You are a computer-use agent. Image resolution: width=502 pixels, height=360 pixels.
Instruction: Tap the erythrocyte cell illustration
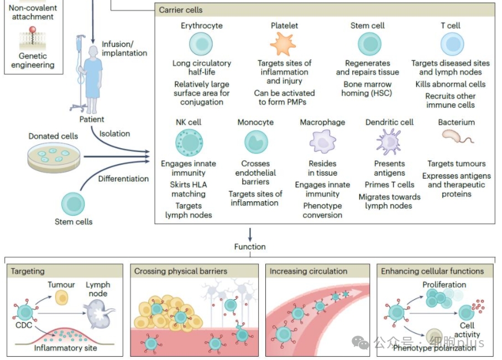point(201,44)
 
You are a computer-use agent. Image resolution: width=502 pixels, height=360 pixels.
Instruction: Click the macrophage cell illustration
point(322,142)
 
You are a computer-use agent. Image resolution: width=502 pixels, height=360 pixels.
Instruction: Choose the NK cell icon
point(189,142)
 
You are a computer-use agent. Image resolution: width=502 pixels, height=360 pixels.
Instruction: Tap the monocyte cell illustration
point(256,142)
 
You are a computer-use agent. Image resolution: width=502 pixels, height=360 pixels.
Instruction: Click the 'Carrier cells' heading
point(181,10)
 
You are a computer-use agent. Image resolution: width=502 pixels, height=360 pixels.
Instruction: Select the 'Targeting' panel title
point(28,272)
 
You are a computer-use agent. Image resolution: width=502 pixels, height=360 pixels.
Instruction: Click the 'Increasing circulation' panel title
point(308,272)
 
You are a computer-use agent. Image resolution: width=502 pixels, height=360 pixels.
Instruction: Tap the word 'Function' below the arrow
point(250,247)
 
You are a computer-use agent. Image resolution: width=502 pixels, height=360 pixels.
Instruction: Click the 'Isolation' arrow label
point(114,134)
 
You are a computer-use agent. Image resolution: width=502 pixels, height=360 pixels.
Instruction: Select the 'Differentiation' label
point(123,179)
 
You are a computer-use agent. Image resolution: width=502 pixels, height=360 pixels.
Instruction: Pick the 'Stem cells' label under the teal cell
point(74,222)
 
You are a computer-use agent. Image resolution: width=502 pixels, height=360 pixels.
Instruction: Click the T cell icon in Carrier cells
point(452,44)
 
